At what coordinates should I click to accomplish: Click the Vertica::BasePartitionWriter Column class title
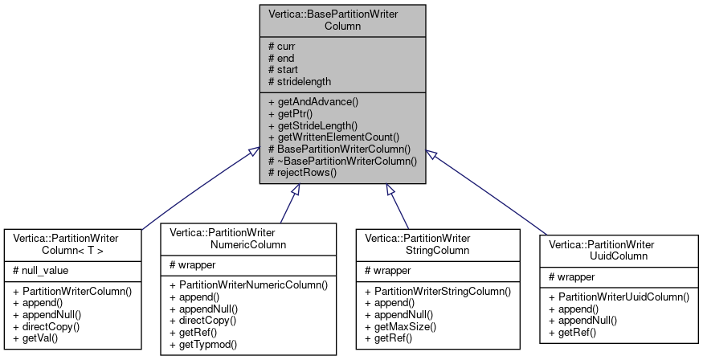point(341,20)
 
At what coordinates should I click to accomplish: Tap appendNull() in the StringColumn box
point(399,314)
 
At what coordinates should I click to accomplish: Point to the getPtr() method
point(290,114)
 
